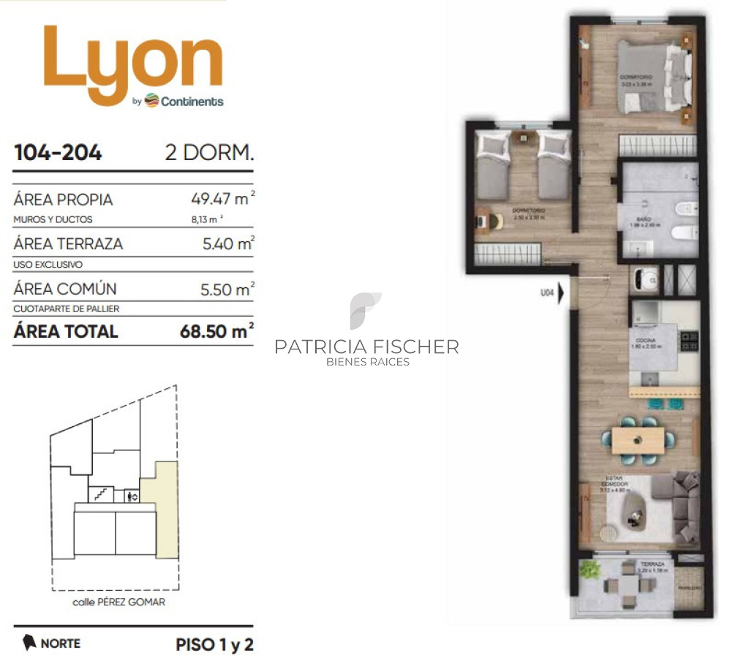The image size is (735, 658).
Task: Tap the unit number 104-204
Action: click(58, 153)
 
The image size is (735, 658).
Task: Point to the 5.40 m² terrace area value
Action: click(227, 243)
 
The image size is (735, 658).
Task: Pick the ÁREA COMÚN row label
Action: click(64, 289)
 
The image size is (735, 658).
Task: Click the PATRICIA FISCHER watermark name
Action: click(366, 347)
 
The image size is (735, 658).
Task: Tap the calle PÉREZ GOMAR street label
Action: click(119, 602)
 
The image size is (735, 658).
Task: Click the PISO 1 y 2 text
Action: click(214, 645)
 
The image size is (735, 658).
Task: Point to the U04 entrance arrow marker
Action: click(561, 293)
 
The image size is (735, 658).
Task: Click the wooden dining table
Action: click(638, 439)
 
